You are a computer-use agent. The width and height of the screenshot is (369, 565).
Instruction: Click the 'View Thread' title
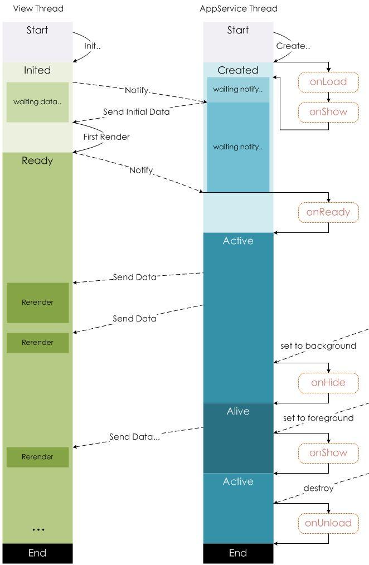tap(38, 8)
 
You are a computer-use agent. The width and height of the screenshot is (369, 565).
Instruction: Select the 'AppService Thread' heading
tap(238, 8)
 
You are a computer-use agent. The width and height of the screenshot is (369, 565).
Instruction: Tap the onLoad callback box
tap(328, 82)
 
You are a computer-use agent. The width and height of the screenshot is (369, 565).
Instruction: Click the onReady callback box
tap(328, 212)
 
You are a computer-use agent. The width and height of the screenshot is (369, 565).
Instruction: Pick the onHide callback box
tap(328, 382)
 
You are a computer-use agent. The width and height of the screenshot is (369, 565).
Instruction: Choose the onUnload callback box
tap(328, 523)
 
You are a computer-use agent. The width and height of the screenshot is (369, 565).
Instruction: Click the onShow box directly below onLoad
tap(328, 111)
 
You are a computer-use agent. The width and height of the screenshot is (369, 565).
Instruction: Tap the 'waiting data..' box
tap(37, 102)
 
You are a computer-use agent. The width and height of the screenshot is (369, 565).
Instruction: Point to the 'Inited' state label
tap(37, 70)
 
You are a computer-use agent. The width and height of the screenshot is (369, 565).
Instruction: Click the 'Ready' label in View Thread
tap(37, 160)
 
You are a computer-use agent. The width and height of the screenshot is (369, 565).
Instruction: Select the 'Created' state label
tap(238, 70)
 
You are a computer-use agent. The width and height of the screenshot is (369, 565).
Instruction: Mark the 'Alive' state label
tap(238, 411)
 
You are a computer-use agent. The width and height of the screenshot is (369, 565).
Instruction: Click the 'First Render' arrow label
tap(106, 137)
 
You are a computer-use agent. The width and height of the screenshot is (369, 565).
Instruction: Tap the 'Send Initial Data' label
tap(136, 111)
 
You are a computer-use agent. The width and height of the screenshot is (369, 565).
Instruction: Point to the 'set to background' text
tap(318, 346)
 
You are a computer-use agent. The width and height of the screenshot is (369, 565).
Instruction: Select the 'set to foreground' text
tap(318, 418)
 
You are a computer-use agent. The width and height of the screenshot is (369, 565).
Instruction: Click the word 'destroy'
tap(318, 488)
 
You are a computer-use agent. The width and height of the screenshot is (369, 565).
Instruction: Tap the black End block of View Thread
tap(37, 553)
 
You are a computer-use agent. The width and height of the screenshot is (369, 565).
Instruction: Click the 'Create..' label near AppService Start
tap(293, 46)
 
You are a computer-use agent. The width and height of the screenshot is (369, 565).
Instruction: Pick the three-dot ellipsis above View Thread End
tap(38, 529)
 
